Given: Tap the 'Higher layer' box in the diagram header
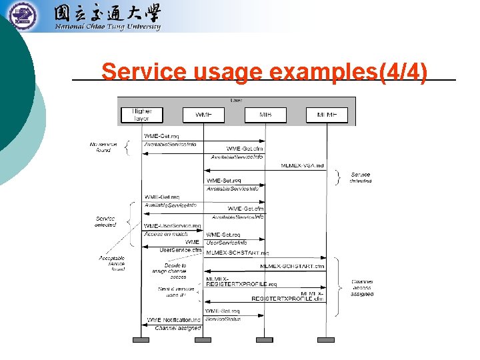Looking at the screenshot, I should coord(141,115).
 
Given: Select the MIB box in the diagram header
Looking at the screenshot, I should coord(265,115).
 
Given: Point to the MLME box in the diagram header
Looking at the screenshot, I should coord(327,115).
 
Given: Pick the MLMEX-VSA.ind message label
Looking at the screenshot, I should coord(302,166).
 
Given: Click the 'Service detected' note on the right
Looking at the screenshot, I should coord(361,178).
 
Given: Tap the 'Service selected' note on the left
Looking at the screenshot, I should coord(105,221).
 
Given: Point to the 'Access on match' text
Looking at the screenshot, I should coord(166,233).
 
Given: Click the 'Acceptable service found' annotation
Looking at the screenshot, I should coord(111,263).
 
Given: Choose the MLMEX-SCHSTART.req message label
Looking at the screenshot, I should coord(237,253).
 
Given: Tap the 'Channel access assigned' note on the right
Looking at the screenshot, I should coord(362,287).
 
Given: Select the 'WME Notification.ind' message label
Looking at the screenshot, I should coord(173,320).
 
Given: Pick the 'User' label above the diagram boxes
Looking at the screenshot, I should coord(236,100).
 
